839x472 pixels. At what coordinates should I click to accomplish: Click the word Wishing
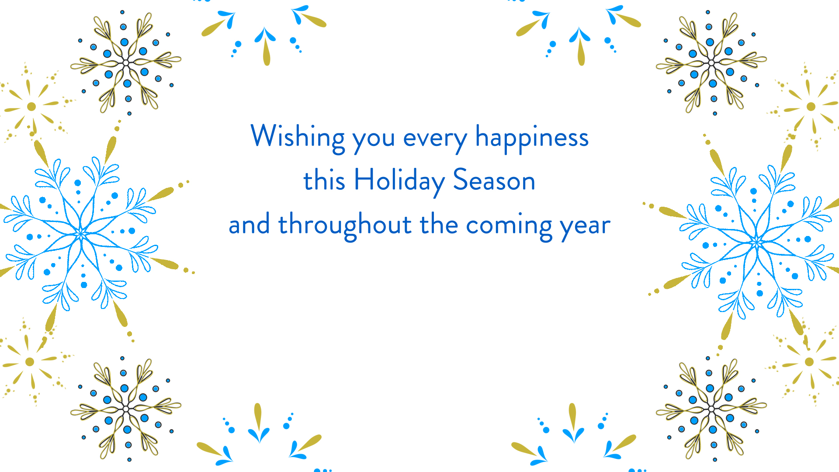pyautogui.click(x=298, y=138)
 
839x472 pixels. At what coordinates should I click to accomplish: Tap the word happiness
pyautogui.click(x=532, y=138)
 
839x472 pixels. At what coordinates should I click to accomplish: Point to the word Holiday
pyautogui.click(x=399, y=181)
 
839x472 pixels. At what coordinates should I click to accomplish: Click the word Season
pyautogui.click(x=494, y=180)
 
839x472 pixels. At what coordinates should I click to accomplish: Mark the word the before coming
pyautogui.click(x=439, y=224)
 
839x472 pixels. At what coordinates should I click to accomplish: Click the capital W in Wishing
pyautogui.click(x=264, y=135)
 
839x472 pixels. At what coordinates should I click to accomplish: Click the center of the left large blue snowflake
pyautogui.click(x=81, y=234)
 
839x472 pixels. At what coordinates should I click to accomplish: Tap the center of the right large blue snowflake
pyautogui.click(x=757, y=242)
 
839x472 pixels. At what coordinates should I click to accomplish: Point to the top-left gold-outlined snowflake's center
pyautogui.click(x=126, y=63)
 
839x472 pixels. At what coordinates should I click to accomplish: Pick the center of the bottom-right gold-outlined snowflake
pyautogui.click(x=711, y=409)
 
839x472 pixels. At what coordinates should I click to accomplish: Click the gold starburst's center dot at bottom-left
pyautogui.click(x=30, y=361)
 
